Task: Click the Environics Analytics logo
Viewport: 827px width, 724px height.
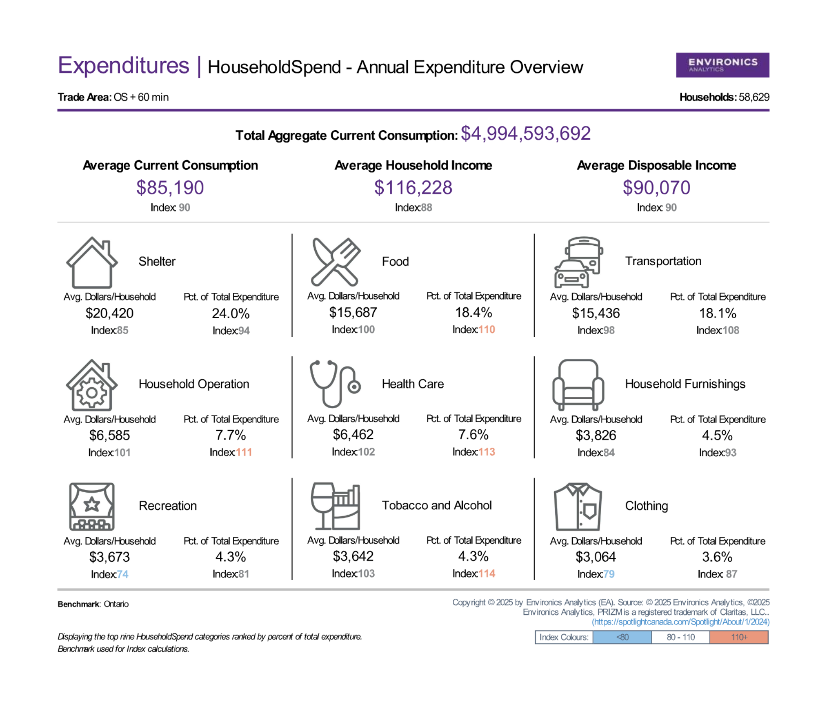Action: click(x=722, y=65)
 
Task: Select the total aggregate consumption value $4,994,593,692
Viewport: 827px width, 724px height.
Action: click(x=526, y=134)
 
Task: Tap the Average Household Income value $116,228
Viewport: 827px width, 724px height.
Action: click(x=413, y=187)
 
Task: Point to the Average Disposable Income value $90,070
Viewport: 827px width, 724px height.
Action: click(x=657, y=187)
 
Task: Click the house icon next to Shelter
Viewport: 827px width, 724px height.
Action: click(x=92, y=262)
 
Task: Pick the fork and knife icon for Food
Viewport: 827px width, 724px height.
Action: click(x=336, y=261)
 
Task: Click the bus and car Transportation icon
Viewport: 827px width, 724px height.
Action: click(x=578, y=262)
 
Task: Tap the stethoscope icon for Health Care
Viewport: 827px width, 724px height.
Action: click(x=335, y=384)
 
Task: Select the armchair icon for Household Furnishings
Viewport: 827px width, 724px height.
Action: click(x=578, y=385)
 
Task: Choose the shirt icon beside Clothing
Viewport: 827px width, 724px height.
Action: click(x=578, y=506)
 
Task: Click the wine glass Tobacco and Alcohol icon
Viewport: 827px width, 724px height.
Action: click(x=335, y=506)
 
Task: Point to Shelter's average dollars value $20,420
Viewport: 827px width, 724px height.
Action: click(x=110, y=313)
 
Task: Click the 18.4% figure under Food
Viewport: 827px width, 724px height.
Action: click(x=474, y=312)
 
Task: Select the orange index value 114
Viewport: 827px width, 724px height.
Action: click(x=487, y=573)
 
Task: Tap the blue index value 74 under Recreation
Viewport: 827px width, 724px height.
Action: click(x=122, y=574)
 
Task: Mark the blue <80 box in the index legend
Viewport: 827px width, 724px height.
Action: click(x=622, y=637)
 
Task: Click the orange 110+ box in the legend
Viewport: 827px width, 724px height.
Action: click(x=739, y=637)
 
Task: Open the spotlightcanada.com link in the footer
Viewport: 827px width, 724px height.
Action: click(x=681, y=622)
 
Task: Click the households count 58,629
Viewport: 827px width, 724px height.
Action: click(x=754, y=97)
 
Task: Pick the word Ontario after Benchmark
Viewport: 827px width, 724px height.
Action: click(x=116, y=604)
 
